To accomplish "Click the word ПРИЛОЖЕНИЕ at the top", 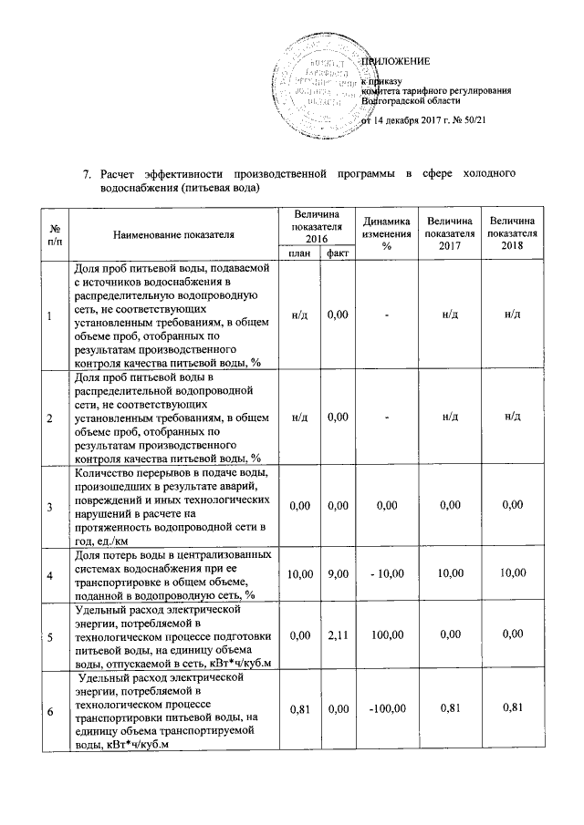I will click(x=396, y=61).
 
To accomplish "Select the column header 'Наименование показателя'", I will click(x=173, y=234).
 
